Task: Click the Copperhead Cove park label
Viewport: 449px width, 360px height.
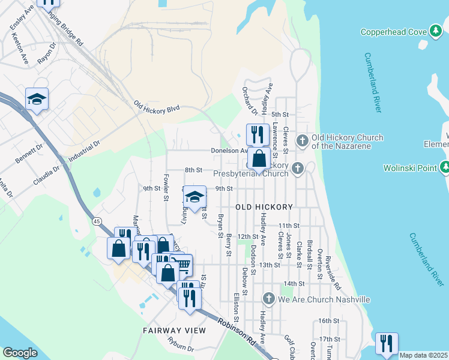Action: click(394, 31)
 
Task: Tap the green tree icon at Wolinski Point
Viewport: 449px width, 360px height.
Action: click(444, 168)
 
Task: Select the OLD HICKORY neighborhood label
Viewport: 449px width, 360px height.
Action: click(264, 207)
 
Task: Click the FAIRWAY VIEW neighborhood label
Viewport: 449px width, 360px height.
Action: click(174, 331)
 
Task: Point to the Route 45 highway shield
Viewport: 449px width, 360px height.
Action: click(97, 221)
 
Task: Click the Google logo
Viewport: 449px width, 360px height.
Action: click(20, 353)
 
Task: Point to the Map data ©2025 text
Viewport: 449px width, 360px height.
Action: click(423, 355)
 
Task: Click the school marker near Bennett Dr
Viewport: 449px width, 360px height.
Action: click(37, 100)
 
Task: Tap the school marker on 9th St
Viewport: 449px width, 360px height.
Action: click(194, 197)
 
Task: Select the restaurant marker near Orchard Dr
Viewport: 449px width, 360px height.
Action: click(258, 134)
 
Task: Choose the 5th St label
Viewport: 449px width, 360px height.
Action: click(280, 114)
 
